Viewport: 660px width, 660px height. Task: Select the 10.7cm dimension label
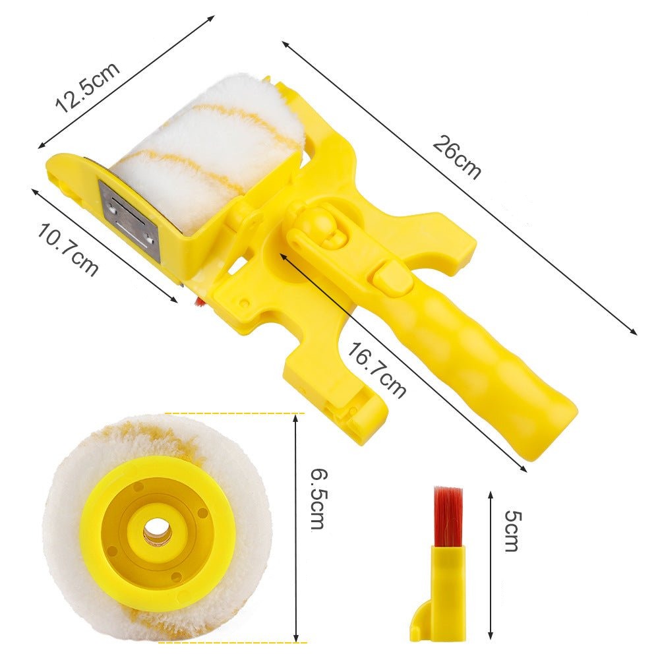click(68, 250)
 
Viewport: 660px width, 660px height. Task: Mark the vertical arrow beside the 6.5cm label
click(295, 527)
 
